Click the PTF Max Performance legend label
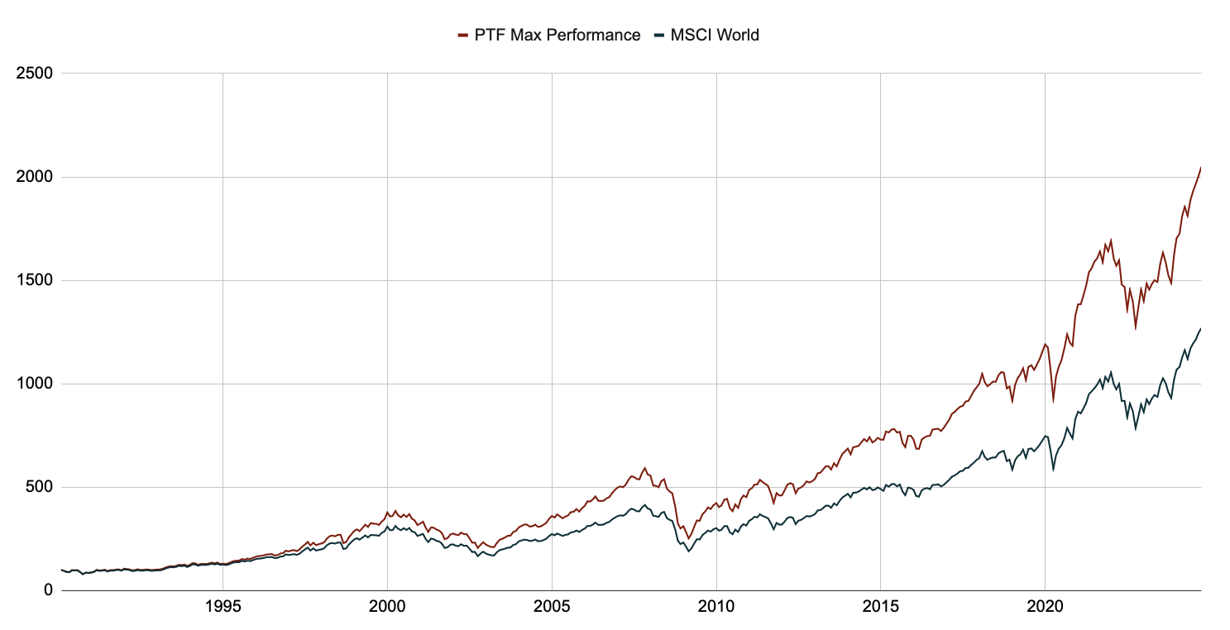(x=557, y=35)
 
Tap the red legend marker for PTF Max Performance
(x=462, y=35)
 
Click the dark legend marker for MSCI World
(x=659, y=35)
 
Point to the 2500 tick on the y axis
(x=35, y=74)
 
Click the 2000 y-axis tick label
(x=35, y=177)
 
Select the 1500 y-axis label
(x=35, y=280)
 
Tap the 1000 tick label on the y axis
(x=35, y=384)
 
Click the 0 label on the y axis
(x=48, y=590)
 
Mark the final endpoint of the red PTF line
(x=1201, y=167)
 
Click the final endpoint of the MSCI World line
(x=1201, y=328)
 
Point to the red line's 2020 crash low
(x=1053, y=402)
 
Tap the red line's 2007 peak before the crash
(x=645, y=468)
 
